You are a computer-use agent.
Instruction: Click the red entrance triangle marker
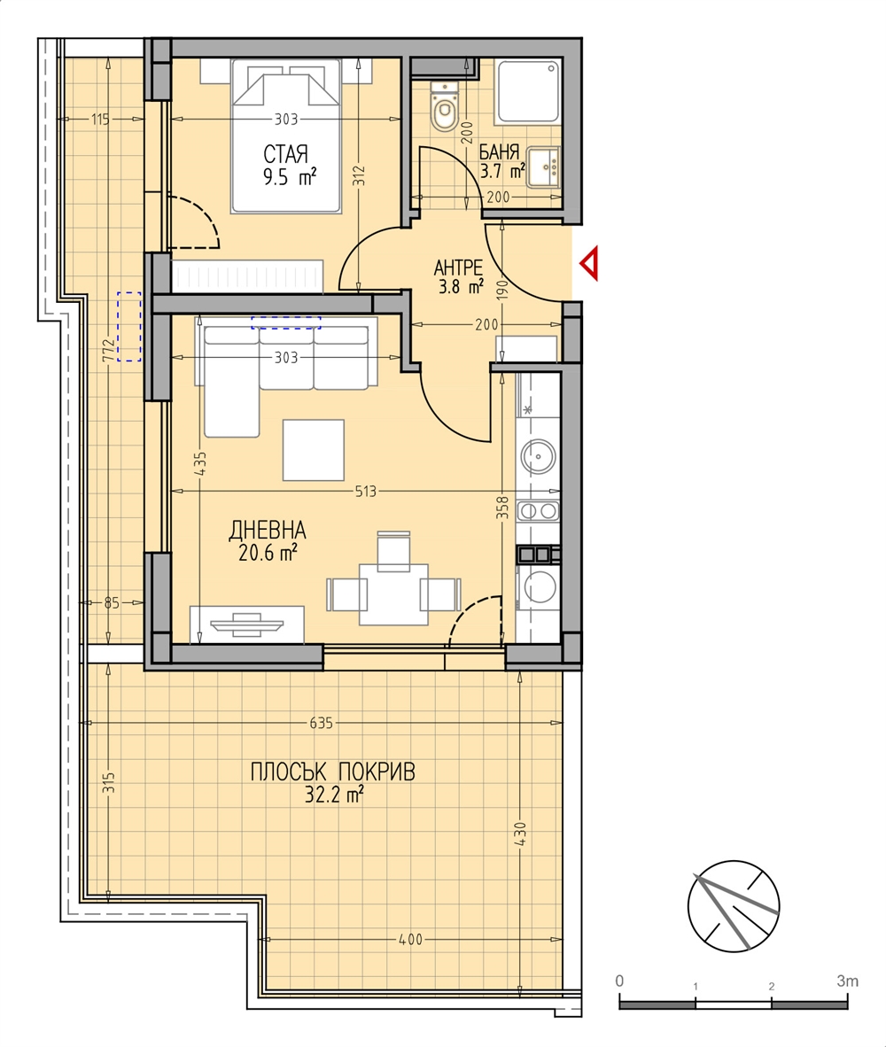pos(589,264)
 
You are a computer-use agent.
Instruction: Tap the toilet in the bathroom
pos(443,107)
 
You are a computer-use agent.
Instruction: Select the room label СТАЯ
pos(286,154)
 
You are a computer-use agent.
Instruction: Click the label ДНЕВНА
pos(267,531)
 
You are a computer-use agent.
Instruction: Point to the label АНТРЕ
pos(458,268)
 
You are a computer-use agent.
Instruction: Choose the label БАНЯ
pos(499,152)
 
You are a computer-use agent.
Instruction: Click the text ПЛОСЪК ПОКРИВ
pos(332,772)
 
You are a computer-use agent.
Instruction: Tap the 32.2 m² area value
pos(334,795)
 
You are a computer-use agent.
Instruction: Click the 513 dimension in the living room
pos(366,492)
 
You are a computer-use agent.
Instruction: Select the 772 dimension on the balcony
pos(107,350)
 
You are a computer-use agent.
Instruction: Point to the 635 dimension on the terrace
pos(321,723)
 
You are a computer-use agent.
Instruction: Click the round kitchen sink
pos(538,457)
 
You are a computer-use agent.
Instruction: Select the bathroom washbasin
pos(543,166)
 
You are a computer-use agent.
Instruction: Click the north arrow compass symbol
pos(734,905)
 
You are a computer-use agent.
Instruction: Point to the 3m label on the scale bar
pos(847,981)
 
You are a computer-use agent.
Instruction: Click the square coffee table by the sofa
pos(313,450)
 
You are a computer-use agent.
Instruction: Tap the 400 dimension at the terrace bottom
pos(410,940)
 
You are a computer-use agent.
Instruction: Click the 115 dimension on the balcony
pos(100,120)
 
